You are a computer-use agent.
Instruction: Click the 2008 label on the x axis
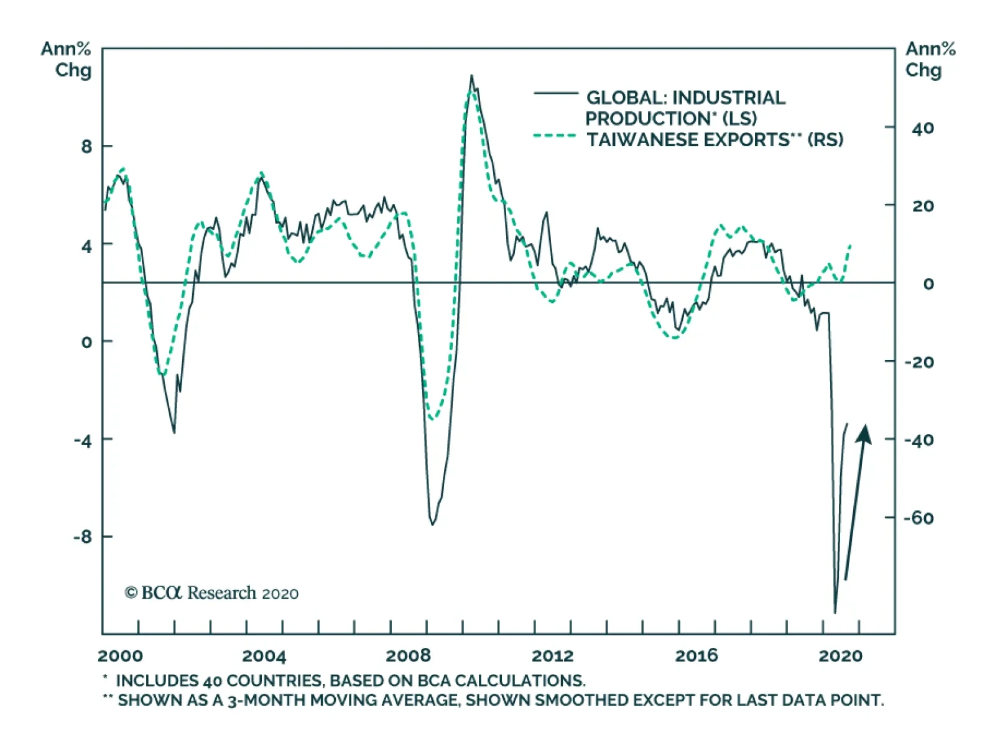coord(408,655)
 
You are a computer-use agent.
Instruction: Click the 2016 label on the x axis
coord(696,655)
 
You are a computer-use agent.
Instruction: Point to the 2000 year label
coord(120,655)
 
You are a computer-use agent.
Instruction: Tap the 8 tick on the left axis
coord(86,147)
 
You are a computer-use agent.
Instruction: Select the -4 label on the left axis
coord(83,440)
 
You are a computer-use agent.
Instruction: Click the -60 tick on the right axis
coord(919,517)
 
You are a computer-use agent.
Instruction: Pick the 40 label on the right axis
coord(923,128)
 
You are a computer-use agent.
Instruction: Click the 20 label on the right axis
coord(923,206)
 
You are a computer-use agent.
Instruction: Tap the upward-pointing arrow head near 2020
coord(864,434)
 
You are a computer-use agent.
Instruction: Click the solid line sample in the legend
coord(555,93)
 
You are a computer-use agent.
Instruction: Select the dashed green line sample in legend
coord(555,136)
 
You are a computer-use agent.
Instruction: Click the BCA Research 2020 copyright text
coord(211,592)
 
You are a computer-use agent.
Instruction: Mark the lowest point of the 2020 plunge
coord(835,613)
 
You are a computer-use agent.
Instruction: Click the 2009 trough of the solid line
coord(432,525)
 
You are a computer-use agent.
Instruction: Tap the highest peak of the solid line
coord(471,76)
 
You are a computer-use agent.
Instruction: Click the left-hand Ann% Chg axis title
coord(66,59)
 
